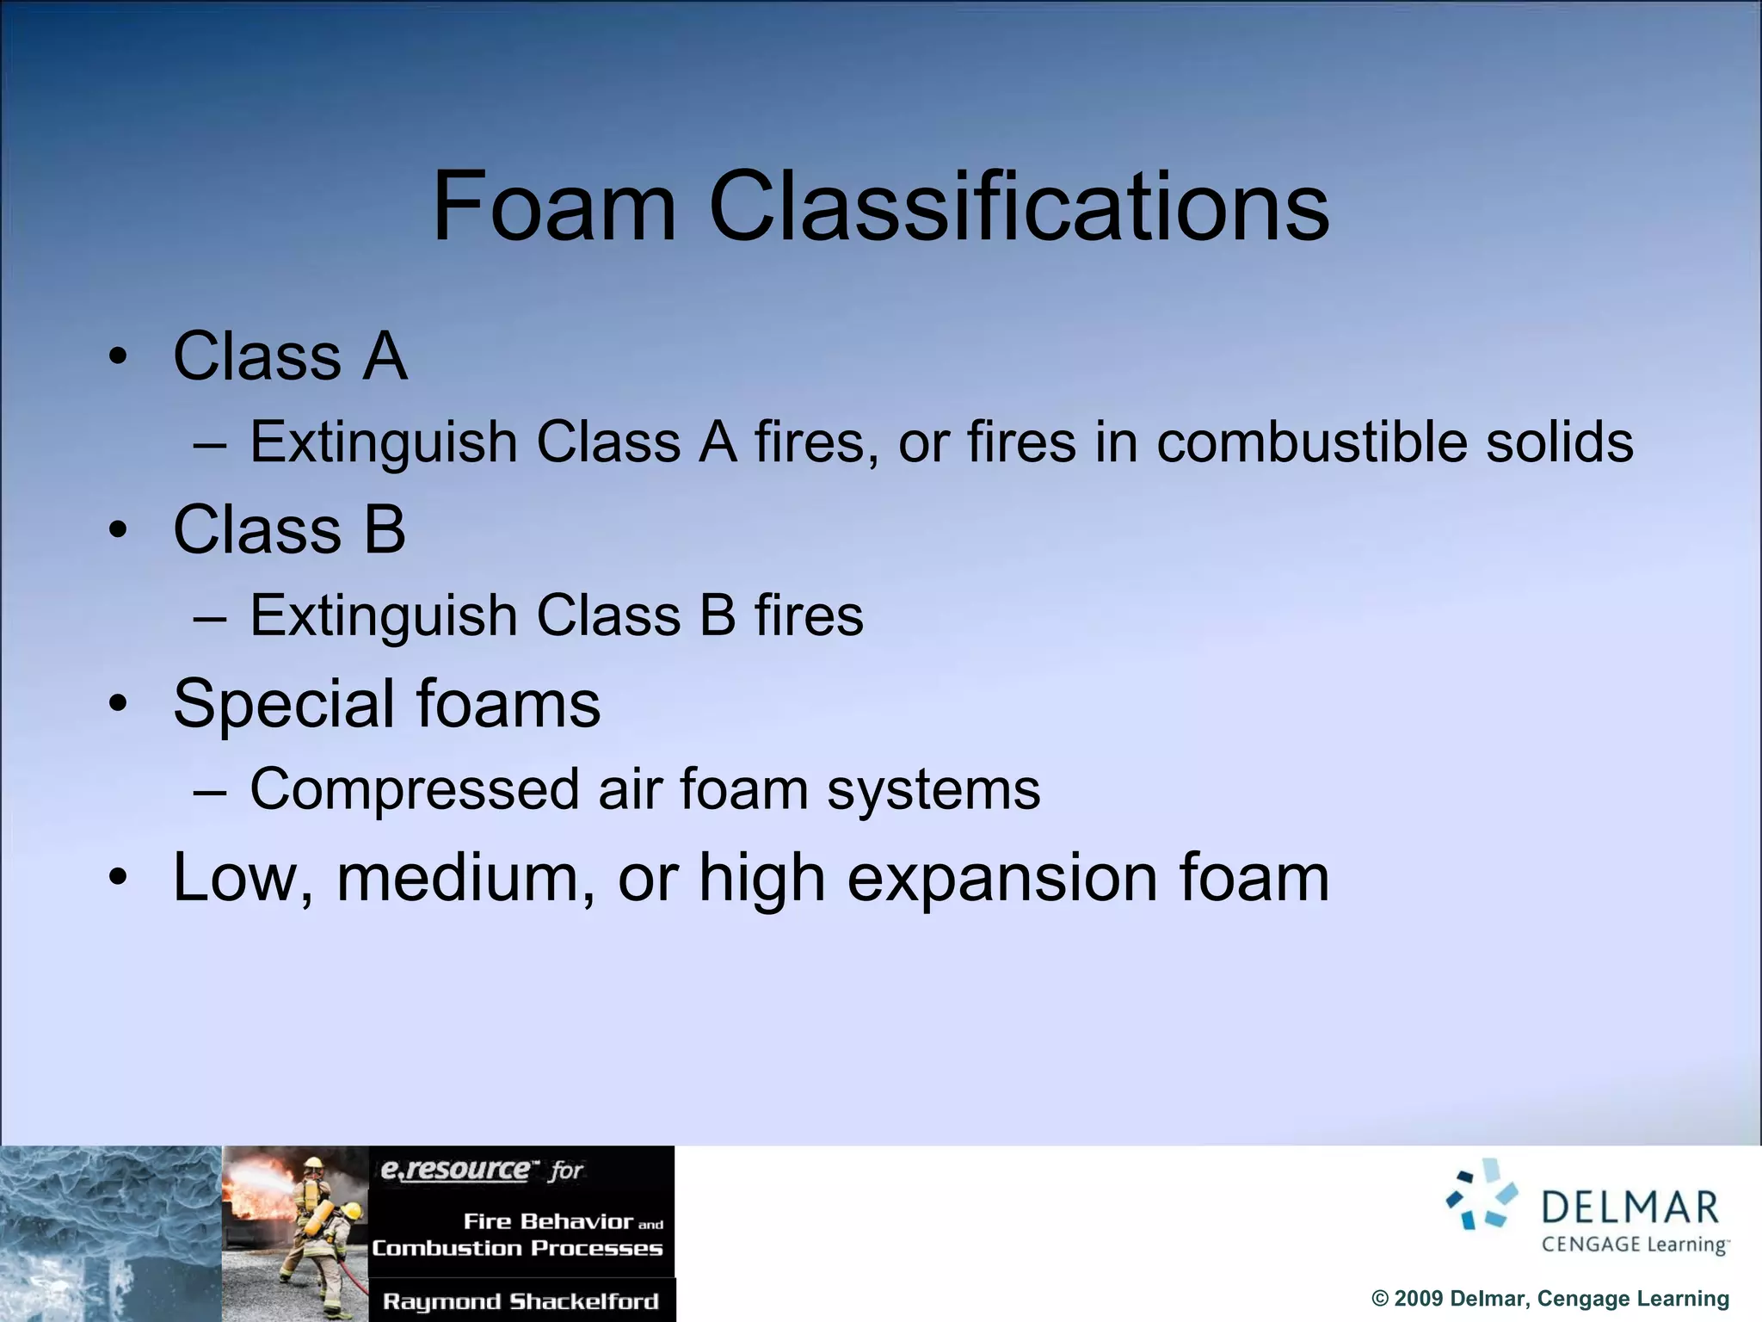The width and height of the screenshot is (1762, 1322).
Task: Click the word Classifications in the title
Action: pos(1019,207)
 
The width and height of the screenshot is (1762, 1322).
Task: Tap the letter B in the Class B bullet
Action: pos(384,529)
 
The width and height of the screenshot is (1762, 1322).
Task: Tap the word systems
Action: pos(933,789)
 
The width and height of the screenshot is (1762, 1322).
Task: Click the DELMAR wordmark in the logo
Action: pos(1630,1208)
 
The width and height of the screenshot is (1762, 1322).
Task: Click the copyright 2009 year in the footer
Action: pos(1419,1299)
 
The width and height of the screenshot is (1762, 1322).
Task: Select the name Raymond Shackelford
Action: pos(521,1301)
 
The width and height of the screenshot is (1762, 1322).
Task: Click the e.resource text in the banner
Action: pos(455,1170)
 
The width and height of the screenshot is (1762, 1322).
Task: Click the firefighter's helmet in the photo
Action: pos(314,1164)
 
